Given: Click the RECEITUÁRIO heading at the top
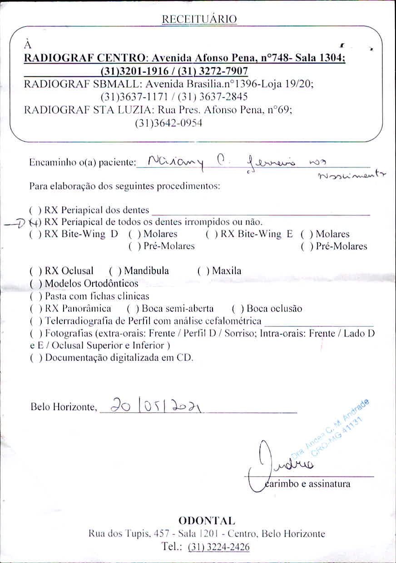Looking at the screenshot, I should [x=199, y=19].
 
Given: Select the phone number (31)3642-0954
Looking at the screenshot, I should [x=168, y=123].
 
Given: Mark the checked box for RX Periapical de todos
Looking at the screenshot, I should [x=35, y=222].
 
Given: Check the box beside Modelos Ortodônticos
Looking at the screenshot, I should [x=35, y=284].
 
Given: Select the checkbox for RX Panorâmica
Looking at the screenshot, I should [x=35, y=309].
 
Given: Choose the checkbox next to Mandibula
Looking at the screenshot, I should [x=114, y=271].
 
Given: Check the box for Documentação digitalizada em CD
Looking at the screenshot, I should [x=35, y=357].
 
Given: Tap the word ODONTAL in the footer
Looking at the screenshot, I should [x=207, y=520].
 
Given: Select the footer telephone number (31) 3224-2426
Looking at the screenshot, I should [x=218, y=547].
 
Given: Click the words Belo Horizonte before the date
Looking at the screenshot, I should [x=63, y=407].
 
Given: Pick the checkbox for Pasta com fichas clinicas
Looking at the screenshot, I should [x=35, y=296].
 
